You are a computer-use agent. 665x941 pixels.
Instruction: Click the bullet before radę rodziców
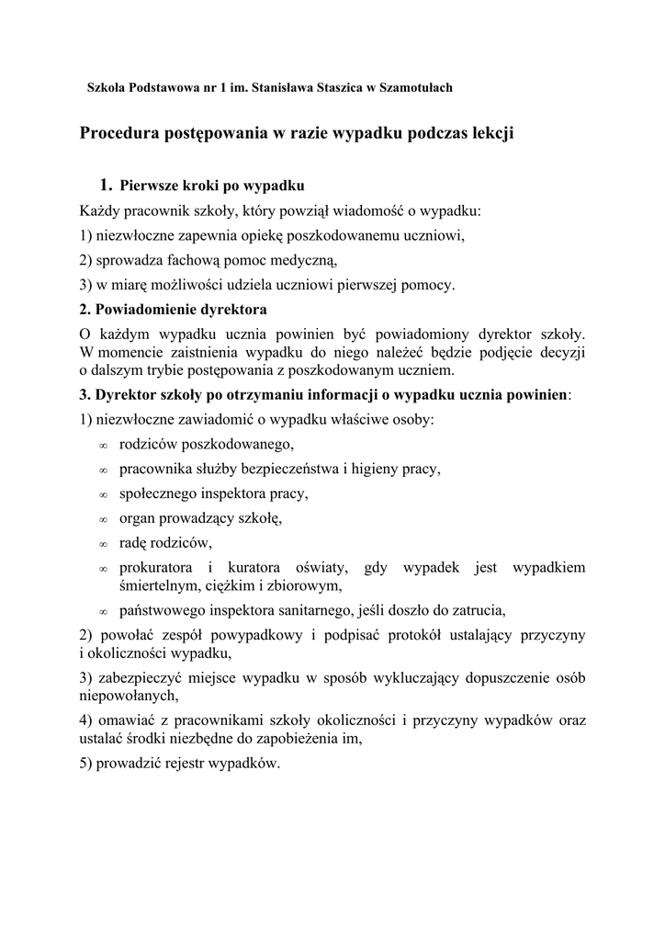tap(104, 543)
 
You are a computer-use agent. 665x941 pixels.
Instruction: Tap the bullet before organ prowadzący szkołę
tap(104, 519)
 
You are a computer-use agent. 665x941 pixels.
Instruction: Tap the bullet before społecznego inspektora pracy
tap(104, 494)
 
